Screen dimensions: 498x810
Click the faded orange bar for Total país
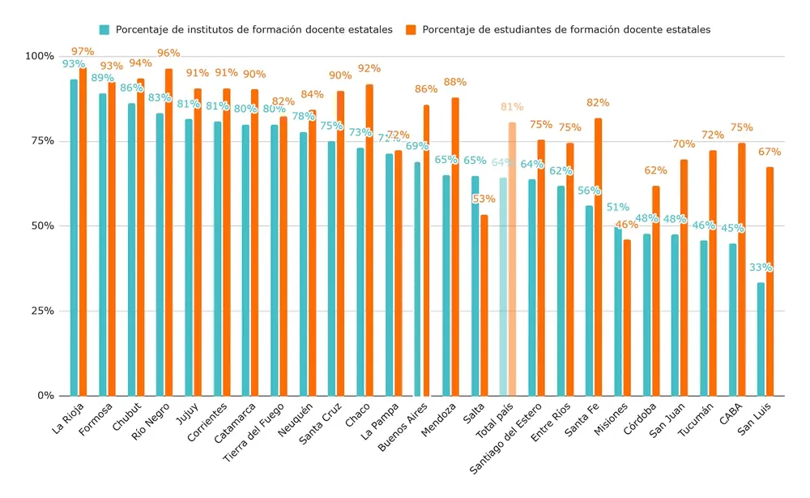coord(512,259)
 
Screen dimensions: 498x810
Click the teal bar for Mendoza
coord(446,285)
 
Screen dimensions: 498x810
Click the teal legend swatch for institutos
coord(104,29)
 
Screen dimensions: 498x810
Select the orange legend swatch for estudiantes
coord(411,29)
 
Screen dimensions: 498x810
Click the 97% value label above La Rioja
coord(83,52)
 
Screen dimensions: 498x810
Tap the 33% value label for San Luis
coord(761,268)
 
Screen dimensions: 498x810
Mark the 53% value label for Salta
coord(484,200)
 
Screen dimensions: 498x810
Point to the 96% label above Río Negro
coord(168,54)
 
